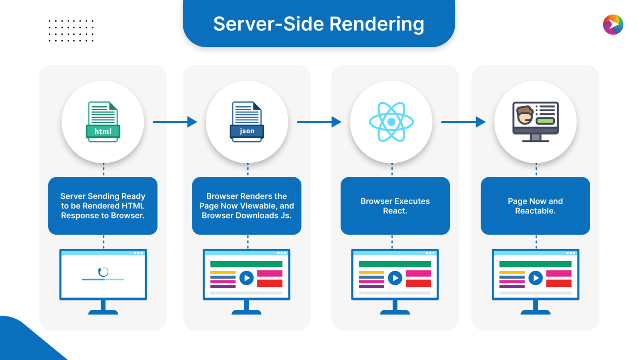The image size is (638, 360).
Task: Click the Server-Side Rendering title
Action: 319,24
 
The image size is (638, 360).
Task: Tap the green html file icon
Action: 103,122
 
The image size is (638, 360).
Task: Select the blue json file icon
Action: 247,122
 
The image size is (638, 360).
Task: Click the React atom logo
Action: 391,122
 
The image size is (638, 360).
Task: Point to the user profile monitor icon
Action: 535,122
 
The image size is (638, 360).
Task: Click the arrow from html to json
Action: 175,122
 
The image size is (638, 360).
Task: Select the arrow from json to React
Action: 319,122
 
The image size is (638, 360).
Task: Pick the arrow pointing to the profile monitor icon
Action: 463,122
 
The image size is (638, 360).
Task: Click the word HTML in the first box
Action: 133,206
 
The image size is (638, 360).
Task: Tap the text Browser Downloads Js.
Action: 247,216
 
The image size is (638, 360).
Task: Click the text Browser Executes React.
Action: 395,206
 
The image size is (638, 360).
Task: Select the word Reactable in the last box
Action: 535,211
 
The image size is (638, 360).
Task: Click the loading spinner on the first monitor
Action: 103,272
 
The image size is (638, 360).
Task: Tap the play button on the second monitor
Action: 247,278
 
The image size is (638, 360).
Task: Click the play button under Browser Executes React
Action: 395,278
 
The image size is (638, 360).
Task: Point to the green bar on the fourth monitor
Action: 535,264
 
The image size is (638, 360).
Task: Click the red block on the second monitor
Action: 270,283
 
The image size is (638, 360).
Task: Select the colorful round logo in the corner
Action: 613,24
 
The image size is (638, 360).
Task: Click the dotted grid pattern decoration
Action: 71,31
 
